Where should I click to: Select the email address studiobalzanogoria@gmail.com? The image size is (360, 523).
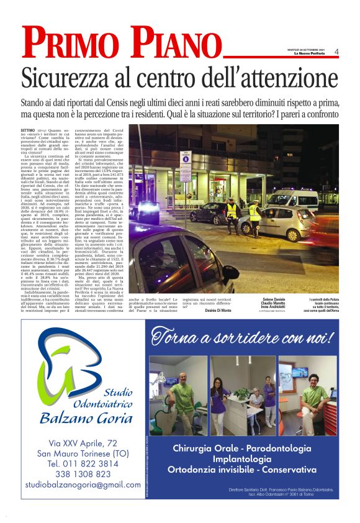[x=83, y=484]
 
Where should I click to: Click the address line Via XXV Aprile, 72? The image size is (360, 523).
[x=83, y=442]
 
